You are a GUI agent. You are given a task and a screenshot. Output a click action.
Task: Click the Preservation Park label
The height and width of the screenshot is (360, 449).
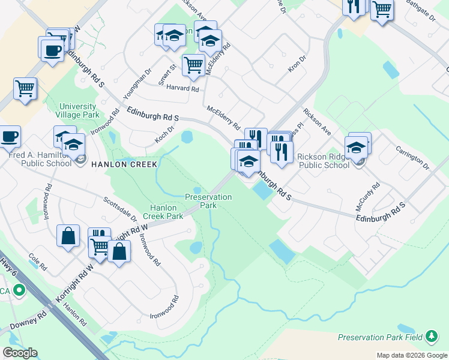(x=208, y=200)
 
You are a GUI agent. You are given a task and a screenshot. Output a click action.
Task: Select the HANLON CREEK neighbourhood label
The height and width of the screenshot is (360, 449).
(x=124, y=164)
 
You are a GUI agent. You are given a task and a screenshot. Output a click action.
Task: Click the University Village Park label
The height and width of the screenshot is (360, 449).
(x=77, y=110)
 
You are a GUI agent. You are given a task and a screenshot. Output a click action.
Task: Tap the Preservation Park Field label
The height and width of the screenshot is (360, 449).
(x=381, y=337)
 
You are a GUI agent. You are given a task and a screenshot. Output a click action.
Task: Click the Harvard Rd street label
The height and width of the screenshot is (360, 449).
(x=183, y=88)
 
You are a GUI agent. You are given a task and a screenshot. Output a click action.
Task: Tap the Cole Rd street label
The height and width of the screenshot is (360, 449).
(x=37, y=262)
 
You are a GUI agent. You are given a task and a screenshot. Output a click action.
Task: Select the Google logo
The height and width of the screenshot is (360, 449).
(x=20, y=353)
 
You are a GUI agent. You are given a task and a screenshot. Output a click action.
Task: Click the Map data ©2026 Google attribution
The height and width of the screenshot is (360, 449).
(x=412, y=355)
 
